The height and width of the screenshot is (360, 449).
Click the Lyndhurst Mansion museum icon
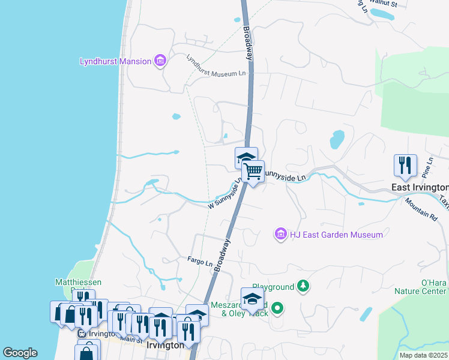point(160,61)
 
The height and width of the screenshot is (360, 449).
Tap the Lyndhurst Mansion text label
point(115,61)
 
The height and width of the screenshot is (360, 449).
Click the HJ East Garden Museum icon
point(280,234)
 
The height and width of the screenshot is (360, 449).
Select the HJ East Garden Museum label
point(336,235)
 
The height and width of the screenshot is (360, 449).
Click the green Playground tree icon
point(303,287)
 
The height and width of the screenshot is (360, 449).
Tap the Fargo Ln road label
point(200,263)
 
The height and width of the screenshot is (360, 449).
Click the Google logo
point(20,353)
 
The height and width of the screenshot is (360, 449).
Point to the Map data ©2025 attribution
point(423,355)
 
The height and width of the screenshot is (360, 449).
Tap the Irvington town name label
point(165,346)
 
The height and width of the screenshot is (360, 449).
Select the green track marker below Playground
point(277,310)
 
